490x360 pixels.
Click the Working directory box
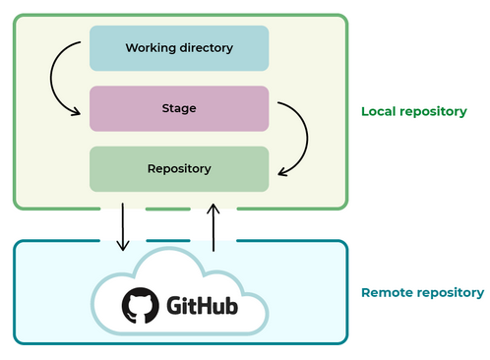[x=178, y=48]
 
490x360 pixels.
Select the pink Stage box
[x=178, y=108]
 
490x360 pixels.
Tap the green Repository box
[x=178, y=168]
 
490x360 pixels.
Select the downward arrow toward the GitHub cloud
[x=122, y=226]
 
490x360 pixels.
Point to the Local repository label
[x=413, y=111]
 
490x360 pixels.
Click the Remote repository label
[x=422, y=292]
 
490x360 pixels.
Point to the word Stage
[x=178, y=108]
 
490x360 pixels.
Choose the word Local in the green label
[x=380, y=111]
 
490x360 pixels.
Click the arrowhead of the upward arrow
[x=213, y=209]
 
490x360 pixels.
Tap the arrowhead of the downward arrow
[x=122, y=246]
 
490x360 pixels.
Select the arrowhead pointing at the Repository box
[x=282, y=172]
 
